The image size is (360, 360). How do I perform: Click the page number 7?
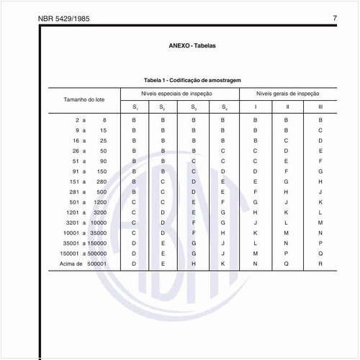335,17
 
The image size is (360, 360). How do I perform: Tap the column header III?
320,107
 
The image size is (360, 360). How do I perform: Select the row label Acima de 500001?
86,265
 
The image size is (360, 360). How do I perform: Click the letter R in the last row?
320,265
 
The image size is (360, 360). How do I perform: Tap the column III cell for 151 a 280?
320,182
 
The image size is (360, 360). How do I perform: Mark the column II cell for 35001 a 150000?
287,244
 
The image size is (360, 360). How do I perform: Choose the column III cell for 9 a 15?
320,130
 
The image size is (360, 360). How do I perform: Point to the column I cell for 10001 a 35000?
255,234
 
